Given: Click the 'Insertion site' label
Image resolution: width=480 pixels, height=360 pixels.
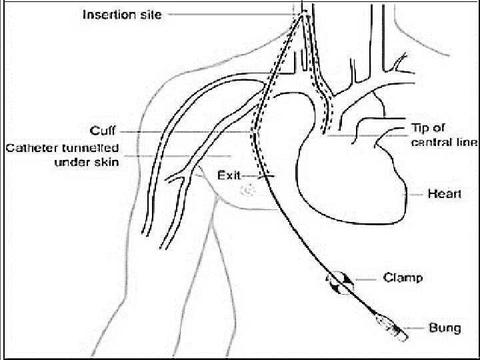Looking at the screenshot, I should [x=121, y=14].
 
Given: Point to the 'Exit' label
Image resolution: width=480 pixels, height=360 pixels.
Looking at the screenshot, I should [x=228, y=176].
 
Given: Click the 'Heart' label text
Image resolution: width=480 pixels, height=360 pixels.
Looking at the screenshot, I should [x=444, y=194].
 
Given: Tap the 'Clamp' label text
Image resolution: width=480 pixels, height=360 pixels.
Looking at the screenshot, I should [x=403, y=277].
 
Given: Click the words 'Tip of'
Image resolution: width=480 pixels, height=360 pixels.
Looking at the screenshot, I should [x=427, y=127].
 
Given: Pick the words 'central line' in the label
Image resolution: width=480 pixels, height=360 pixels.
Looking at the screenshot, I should [x=445, y=142].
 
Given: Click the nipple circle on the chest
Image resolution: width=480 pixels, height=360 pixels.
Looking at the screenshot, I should [x=247, y=191].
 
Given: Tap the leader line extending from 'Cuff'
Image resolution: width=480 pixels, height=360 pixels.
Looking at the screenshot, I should [x=187, y=131].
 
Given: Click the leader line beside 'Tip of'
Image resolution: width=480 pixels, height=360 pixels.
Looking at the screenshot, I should [x=367, y=136].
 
